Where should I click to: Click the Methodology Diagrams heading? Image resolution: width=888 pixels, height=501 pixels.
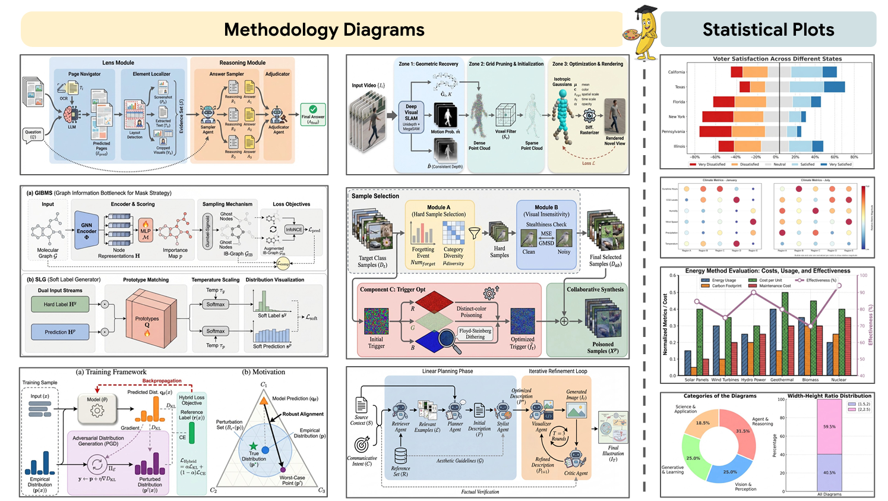324,30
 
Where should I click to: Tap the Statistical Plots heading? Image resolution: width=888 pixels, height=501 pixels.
768,30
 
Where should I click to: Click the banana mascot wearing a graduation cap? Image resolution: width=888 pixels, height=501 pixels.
641,32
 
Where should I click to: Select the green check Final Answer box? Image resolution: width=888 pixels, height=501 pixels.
313,112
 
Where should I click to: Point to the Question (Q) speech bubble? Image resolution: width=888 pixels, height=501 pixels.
33,135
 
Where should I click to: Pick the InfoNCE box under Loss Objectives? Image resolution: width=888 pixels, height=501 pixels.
293,229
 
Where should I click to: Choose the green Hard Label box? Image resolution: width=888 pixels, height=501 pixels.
60,304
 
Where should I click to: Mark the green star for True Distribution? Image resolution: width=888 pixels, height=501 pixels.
254,446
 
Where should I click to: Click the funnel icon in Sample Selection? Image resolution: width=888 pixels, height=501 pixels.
474,234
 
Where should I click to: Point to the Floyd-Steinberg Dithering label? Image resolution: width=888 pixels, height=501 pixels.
475,333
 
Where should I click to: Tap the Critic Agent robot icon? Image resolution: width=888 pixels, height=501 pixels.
575,459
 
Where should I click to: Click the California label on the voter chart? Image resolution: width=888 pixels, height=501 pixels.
677,72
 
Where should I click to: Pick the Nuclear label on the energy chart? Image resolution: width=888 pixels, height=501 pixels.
839,380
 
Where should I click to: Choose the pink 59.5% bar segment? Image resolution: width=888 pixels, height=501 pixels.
829,427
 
